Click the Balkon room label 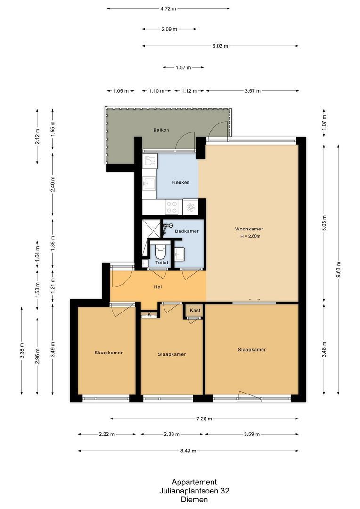pyautogui.click(x=161, y=130)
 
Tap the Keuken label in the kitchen pyautogui.click(x=181, y=182)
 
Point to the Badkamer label pyautogui.click(x=187, y=231)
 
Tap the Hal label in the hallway pyautogui.click(x=158, y=287)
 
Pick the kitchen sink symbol pyautogui.click(x=149, y=183)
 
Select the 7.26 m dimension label pyautogui.click(x=204, y=419)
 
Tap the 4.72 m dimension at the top pyautogui.click(x=168, y=8)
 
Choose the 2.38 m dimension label pyautogui.click(x=171, y=434)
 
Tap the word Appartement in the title pyautogui.click(x=194, y=482)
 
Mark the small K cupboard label pyautogui.click(x=149, y=314)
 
